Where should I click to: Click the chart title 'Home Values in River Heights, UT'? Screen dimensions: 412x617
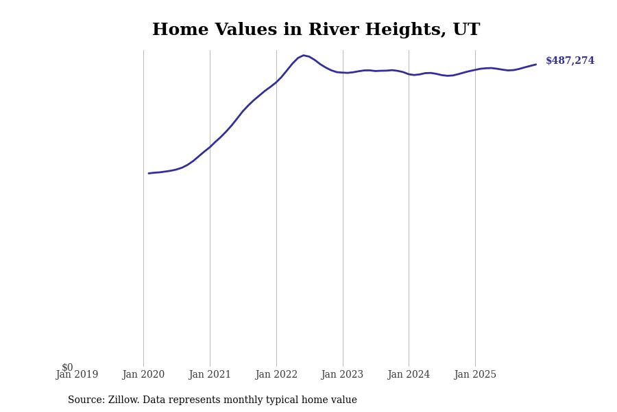point(316,30)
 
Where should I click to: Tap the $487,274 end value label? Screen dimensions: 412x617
point(570,61)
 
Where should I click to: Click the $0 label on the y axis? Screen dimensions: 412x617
point(67,367)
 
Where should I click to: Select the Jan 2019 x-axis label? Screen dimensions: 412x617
point(77,375)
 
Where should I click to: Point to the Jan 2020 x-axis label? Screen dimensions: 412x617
point(143,375)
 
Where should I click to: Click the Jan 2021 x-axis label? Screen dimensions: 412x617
point(210,375)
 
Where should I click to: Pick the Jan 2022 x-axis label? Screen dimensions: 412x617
point(276,375)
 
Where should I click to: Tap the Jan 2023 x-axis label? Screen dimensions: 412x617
point(342,375)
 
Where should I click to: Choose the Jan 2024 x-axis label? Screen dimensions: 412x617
point(409,375)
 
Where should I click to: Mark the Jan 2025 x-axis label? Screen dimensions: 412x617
point(475,375)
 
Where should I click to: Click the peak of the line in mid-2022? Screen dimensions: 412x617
point(303,56)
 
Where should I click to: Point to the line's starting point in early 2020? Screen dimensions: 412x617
point(149,173)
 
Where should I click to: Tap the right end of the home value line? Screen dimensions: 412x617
point(535,65)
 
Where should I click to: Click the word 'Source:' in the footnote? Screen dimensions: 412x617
point(86,400)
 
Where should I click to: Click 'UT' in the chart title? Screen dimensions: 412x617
point(466,30)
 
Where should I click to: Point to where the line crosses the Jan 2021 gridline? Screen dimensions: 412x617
point(210,147)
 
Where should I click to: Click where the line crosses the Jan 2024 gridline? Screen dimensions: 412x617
point(409,73)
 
